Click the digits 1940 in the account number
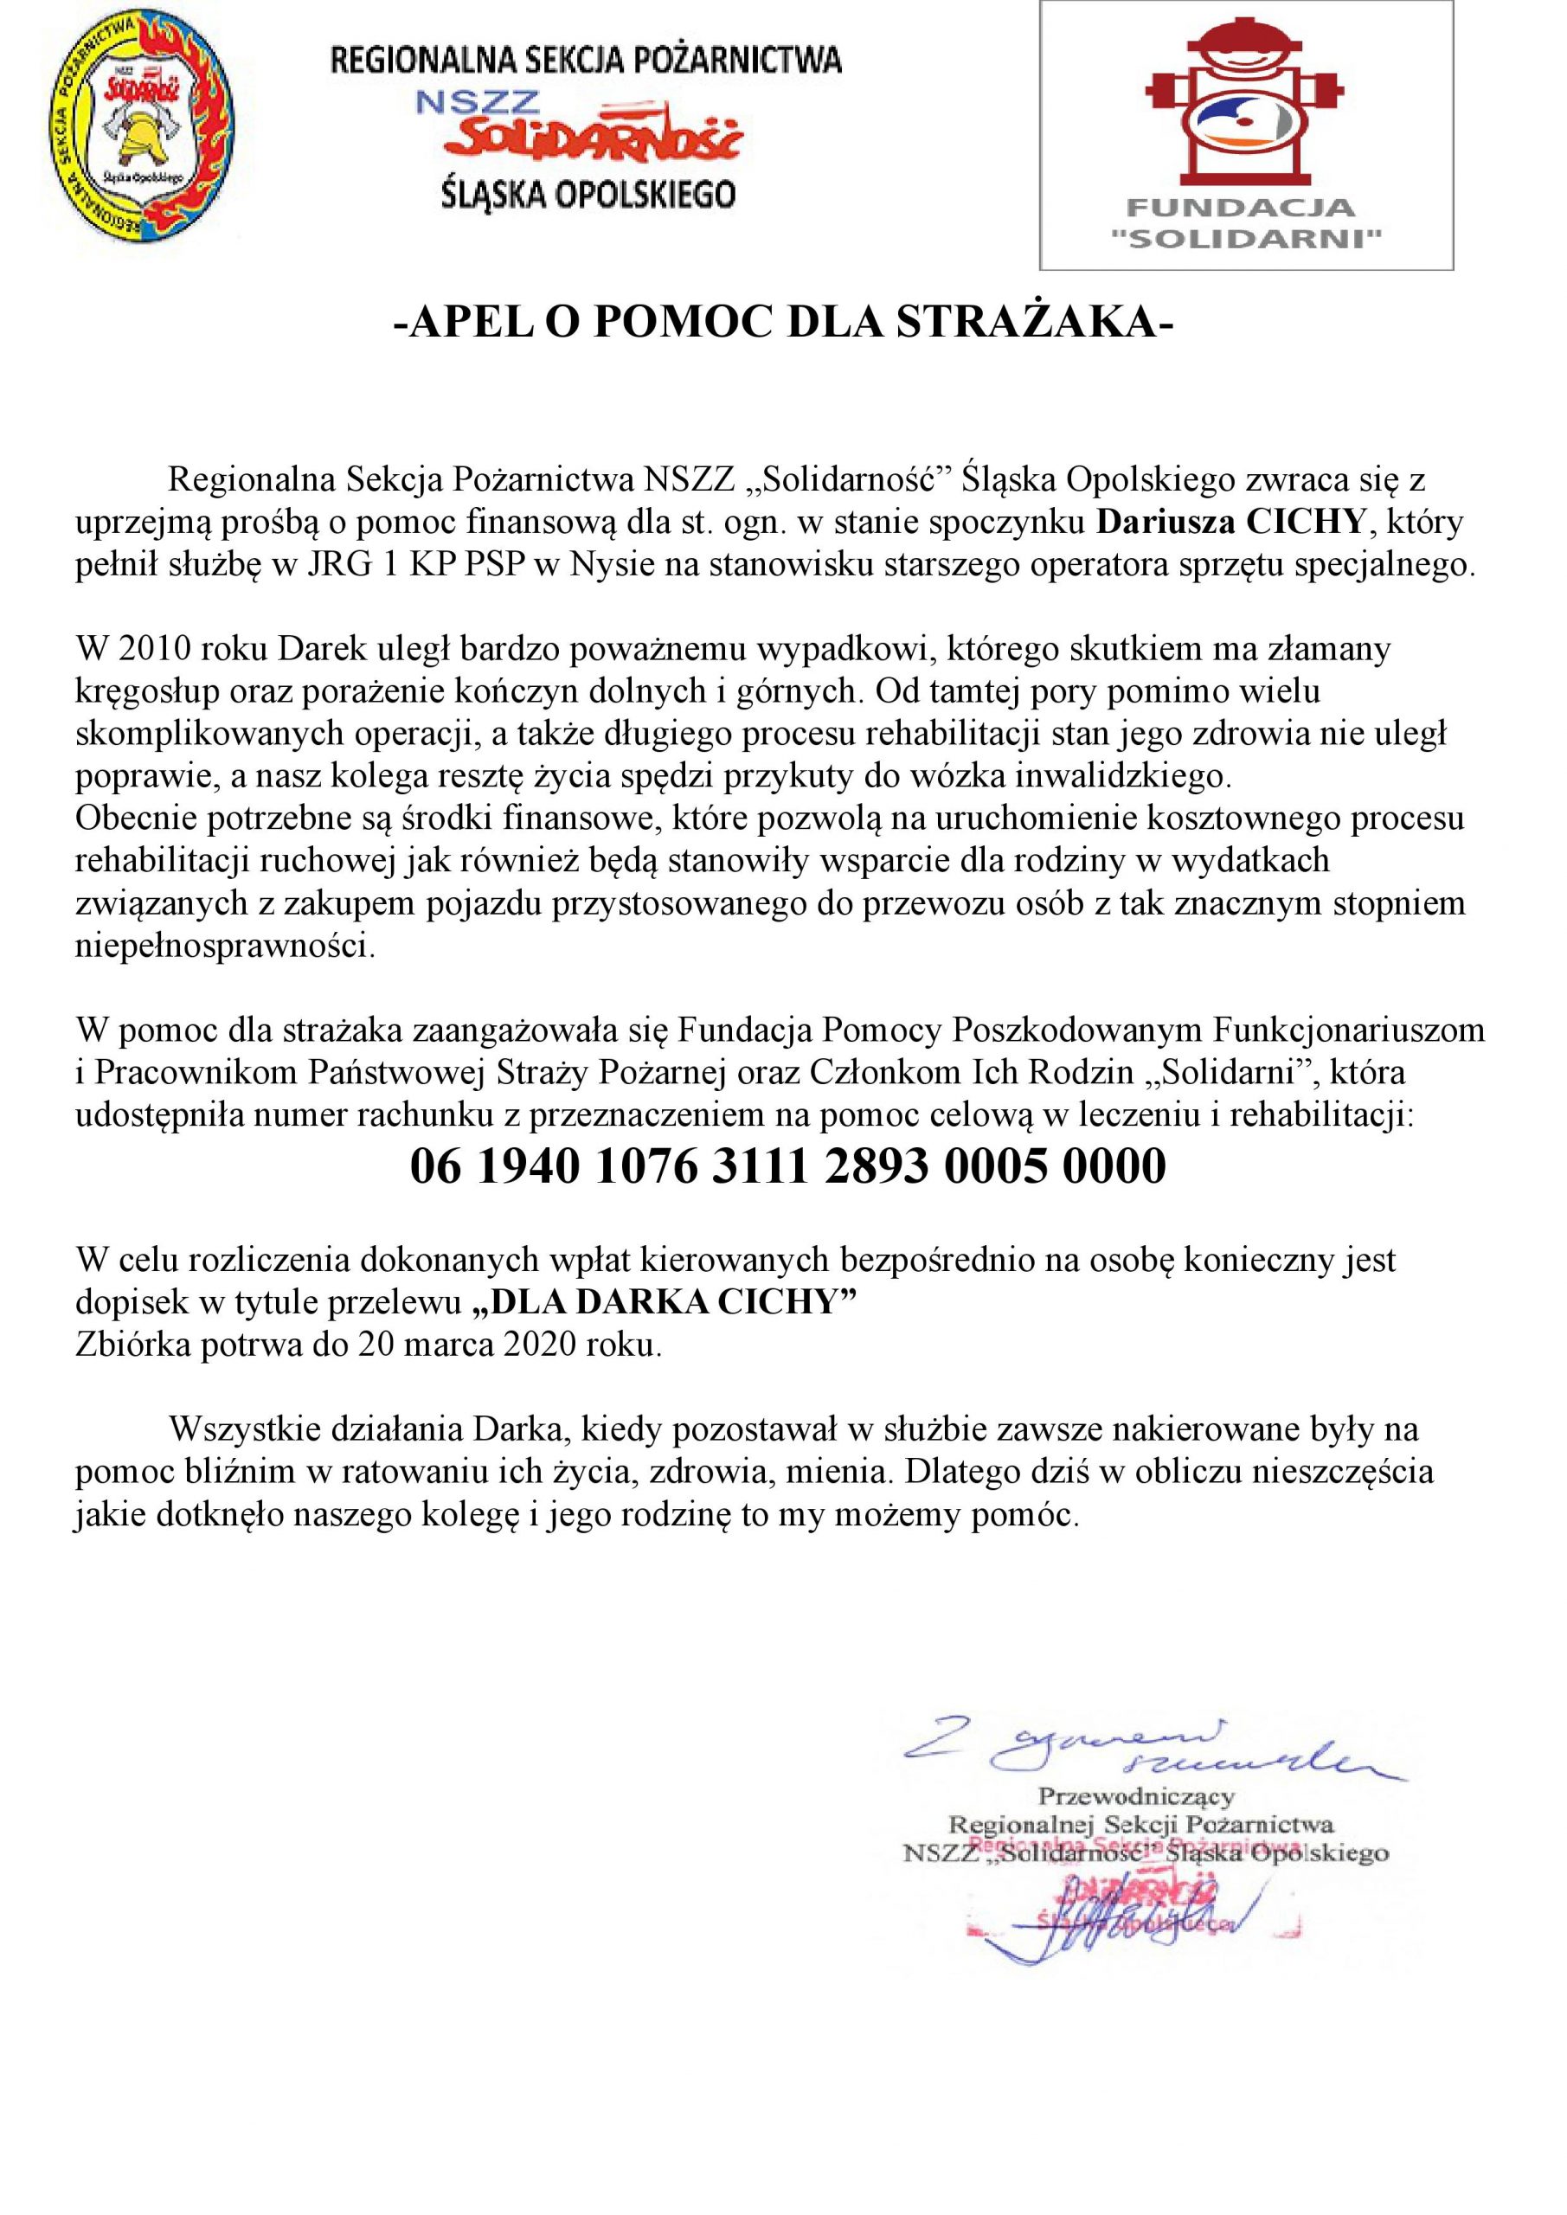pyautogui.click(x=530, y=1166)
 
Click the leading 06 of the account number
pyautogui.click(x=433, y=1166)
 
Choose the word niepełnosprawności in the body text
pyautogui.click(x=223, y=946)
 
